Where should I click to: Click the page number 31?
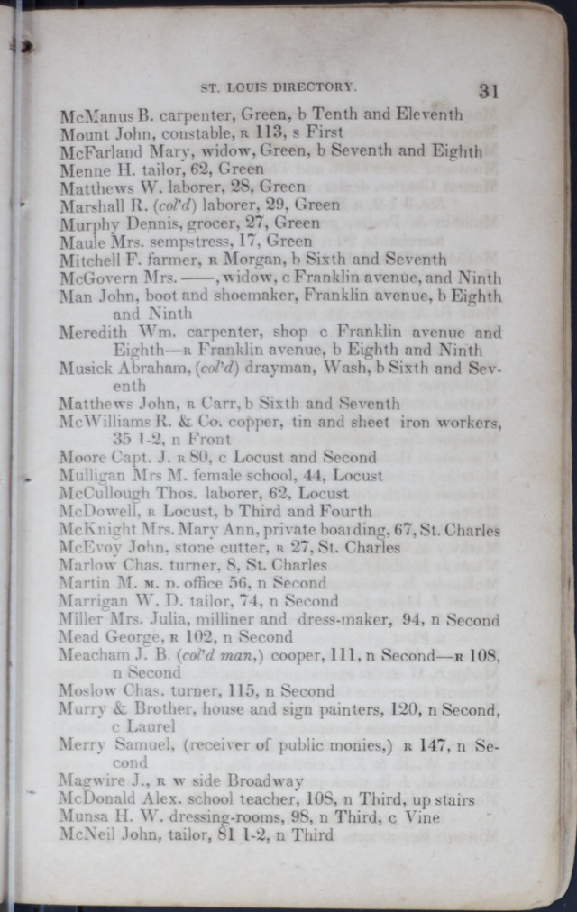pos(490,90)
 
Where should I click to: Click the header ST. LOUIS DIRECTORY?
pos(278,87)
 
